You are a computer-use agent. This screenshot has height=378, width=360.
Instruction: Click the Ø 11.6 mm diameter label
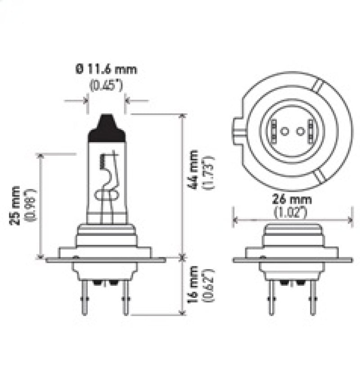click(106, 69)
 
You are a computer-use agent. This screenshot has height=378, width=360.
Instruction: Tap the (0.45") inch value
click(106, 85)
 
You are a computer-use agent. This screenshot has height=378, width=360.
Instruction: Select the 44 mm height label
click(195, 171)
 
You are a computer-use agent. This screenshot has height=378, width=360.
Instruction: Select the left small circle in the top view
click(283, 131)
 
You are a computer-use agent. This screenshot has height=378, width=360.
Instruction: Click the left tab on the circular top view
click(238, 131)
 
